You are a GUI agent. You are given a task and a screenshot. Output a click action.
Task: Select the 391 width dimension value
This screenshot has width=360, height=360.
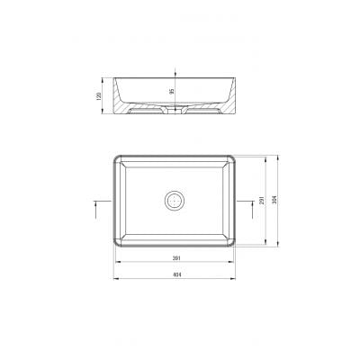tap(175, 259)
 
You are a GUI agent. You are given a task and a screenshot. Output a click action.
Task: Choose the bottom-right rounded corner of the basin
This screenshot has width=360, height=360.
tap(235, 246)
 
